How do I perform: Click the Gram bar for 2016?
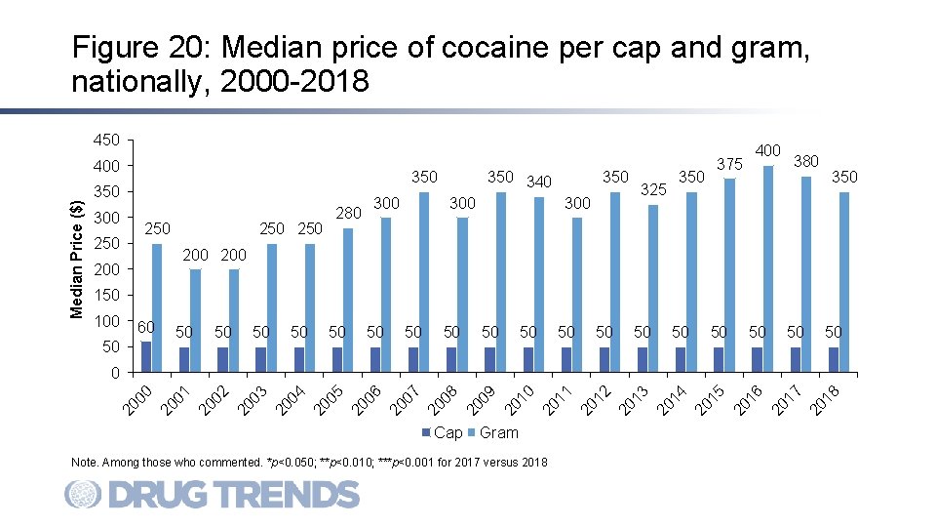768,268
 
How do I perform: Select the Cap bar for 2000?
146,356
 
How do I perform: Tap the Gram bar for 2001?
195,320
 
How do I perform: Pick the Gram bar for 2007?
424,282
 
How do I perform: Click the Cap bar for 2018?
834,359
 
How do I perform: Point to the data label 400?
767,150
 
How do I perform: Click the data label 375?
729,164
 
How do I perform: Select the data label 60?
146,326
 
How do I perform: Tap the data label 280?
348,213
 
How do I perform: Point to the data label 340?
538,182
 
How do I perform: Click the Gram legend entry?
493,432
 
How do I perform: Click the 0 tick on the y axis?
114,373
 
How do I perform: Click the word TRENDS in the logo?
283,495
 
